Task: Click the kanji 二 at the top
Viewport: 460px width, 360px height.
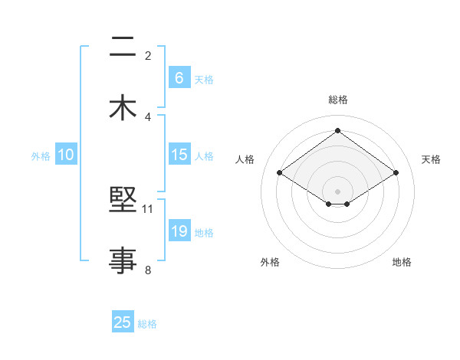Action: pyautogui.click(x=123, y=49)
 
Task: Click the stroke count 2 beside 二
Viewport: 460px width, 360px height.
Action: pyautogui.click(x=148, y=56)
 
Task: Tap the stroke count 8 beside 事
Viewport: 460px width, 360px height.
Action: pyautogui.click(x=148, y=269)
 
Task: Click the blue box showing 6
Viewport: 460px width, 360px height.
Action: pyautogui.click(x=179, y=78)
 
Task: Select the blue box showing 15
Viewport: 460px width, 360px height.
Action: pyautogui.click(x=179, y=155)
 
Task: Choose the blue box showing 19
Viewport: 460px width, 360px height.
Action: pyautogui.click(x=179, y=231)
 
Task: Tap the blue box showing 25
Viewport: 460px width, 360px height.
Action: pyautogui.click(x=123, y=322)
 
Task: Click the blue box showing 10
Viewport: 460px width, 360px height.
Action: pyautogui.click(x=66, y=155)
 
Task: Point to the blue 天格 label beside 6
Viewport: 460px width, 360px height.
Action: pyautogui.click(x=203, y=79)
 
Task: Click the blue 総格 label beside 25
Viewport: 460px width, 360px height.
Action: pyautogui.click(x=147, y=323)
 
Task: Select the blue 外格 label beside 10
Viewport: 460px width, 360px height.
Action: pyautogui.click(x=41, y=155)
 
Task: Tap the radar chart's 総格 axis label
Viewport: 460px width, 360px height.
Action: pyautogui.click(x=337, y=100)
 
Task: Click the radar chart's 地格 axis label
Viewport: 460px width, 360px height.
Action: pyautogui.click(x=402, y=262)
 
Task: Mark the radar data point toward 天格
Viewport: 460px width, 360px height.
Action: pyautogui.click(x=396, y=173)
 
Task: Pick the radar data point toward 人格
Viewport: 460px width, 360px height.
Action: pyautogui.click(x=280, y=173)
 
